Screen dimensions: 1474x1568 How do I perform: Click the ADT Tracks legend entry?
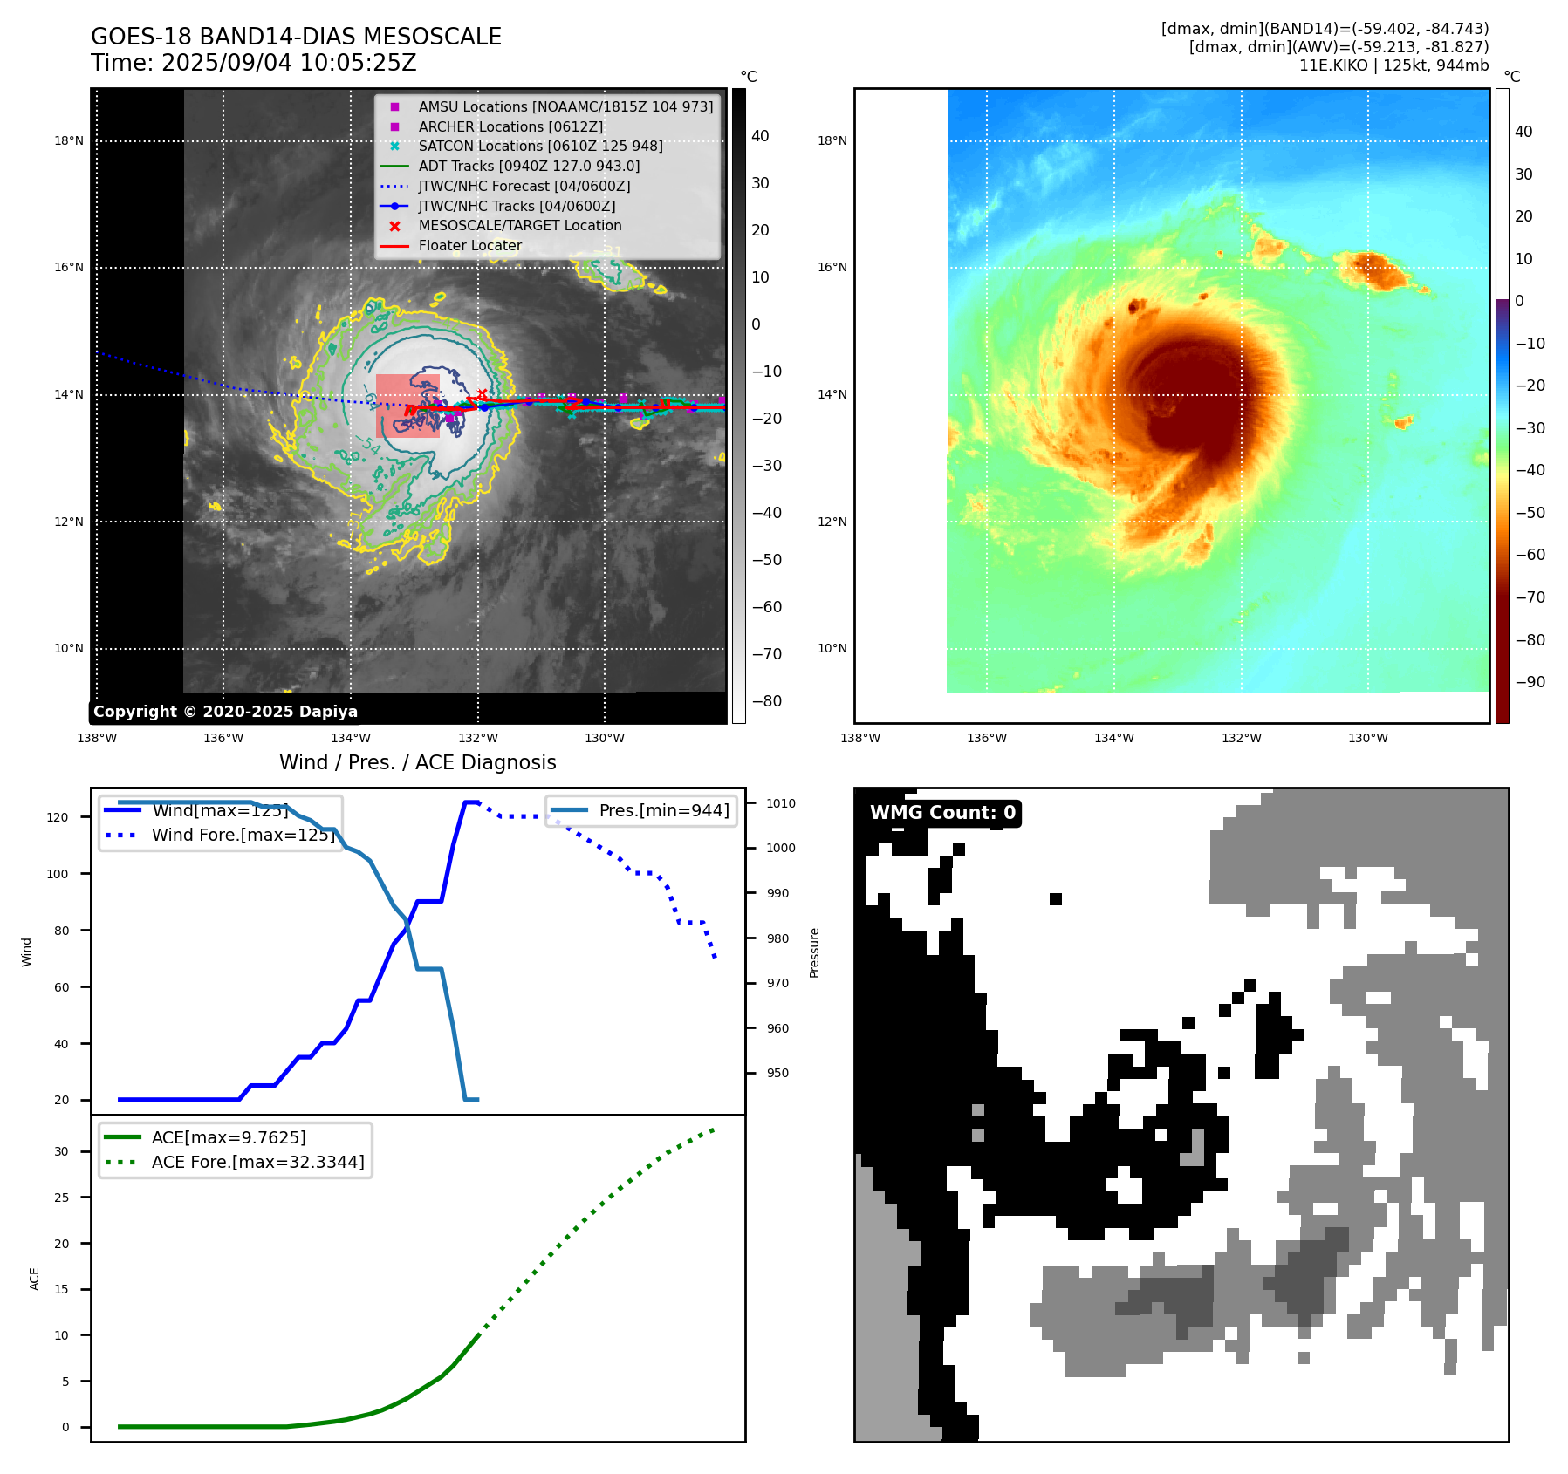529,166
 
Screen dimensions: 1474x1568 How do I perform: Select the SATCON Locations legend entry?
540,146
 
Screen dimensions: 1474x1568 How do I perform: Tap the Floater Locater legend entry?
469,245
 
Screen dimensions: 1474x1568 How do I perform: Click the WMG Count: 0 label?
942,813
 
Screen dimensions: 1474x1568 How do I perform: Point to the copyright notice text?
225,712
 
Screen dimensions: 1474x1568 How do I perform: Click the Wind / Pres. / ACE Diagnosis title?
417,762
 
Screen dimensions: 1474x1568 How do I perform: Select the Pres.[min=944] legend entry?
663,810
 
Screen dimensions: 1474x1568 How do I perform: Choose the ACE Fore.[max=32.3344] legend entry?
257,1162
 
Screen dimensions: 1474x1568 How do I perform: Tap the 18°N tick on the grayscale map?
69,140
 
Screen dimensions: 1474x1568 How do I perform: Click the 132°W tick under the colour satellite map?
1241,738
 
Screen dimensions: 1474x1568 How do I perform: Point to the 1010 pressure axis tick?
781,803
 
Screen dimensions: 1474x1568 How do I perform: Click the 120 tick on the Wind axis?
58,817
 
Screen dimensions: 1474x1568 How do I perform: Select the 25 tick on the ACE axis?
61,1198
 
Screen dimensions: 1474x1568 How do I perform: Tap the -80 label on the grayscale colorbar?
767,701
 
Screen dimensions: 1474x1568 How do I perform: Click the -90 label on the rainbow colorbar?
1530,682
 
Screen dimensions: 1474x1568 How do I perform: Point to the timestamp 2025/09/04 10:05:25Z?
289,63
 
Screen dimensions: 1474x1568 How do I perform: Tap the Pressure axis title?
814,952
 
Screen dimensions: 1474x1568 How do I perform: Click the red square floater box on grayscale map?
407,405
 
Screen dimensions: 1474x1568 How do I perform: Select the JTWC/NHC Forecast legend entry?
524,186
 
